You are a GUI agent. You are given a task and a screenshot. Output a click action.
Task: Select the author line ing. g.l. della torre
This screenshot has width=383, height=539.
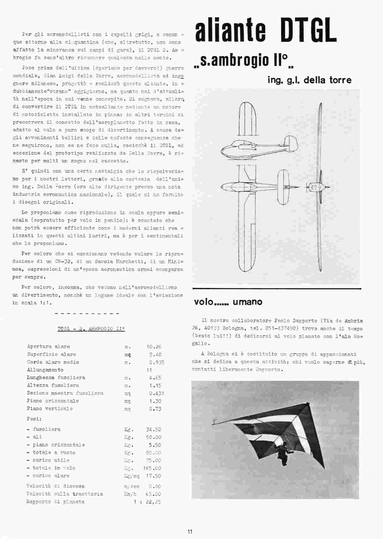click(309, 80)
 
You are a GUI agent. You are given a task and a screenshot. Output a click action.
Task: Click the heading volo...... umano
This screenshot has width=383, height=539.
click(228, 302)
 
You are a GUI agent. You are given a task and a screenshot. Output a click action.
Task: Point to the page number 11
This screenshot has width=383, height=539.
click(190, 531)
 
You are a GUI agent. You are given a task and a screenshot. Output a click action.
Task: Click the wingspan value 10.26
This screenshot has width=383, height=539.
click(154, 346)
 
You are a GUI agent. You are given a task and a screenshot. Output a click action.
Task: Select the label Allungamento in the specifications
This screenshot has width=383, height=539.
click(45, 370)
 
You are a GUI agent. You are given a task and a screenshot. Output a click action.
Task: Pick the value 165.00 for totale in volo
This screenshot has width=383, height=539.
click(152, 468)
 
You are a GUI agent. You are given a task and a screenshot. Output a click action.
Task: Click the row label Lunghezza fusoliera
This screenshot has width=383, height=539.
click(56, 377)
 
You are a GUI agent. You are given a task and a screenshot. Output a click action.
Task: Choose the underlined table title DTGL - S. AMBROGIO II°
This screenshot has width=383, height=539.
click(91, 329)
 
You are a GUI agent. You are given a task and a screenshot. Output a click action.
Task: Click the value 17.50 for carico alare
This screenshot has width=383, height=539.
click(153, 476)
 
